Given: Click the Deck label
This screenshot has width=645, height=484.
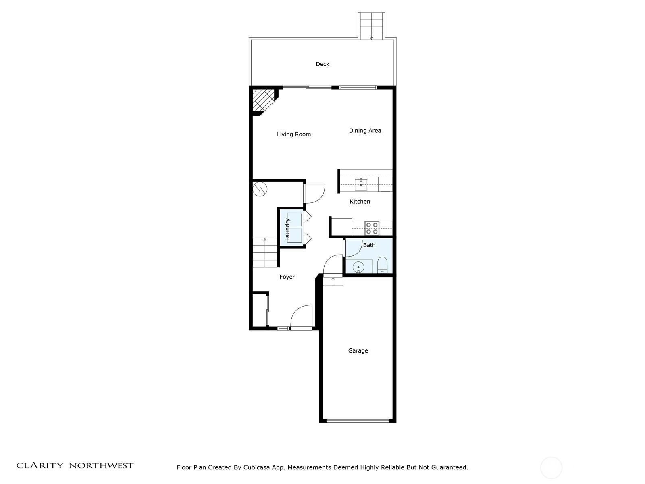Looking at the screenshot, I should [x=322, y=64].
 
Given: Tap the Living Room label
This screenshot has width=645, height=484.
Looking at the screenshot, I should [x=293, y=134].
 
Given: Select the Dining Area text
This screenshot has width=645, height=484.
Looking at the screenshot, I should [x=365, y=131].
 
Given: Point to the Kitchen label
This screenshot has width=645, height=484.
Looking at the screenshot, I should [x=360, y=202].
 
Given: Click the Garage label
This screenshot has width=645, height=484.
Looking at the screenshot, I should [x=358, y=351].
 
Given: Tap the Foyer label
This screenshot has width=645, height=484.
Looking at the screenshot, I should [x=287, y=277].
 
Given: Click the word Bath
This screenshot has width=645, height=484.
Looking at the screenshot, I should [x=369, y=245].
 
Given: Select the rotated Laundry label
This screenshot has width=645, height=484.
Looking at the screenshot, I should [x=287, y=229].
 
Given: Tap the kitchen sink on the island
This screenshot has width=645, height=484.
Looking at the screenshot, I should [x=361, y=185].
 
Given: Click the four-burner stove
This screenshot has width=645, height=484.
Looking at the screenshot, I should [x=372, y=228].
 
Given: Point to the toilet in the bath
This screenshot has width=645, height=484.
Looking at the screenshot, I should [x=382, y=266].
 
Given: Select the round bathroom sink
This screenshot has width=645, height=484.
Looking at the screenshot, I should [x=358, y=267].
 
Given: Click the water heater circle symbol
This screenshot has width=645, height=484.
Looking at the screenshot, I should [x=260, y=189].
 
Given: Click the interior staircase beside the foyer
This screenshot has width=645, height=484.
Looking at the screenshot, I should [x=265, y=252].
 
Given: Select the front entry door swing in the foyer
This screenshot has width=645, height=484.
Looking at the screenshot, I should [x=302, y=317].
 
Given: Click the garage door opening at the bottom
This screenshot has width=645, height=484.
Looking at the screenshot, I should [x=358, y=421].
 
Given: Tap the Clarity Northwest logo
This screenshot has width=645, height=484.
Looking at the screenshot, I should [x=75, y=466].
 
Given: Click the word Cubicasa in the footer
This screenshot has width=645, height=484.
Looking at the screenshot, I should [x=257, y=468].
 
